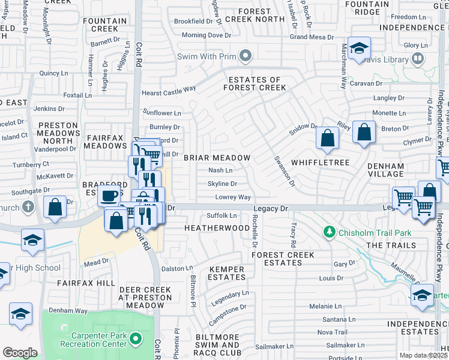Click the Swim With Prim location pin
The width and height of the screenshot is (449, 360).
point(245,57)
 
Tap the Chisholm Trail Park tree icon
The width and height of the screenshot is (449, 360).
point(328,232)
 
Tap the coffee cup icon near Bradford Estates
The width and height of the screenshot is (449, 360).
point(109,196)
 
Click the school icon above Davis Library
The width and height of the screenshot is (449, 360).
point(359,49)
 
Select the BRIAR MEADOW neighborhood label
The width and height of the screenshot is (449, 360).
point(217,158)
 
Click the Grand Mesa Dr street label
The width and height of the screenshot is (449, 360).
point(312,37)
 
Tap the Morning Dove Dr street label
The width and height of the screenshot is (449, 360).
point(206,35)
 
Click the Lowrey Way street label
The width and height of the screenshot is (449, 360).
point(233,197)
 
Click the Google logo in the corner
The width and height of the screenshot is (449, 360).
point(20,353)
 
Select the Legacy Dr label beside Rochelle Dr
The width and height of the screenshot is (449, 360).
point(271,208)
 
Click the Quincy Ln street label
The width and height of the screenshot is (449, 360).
point(53,73)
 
